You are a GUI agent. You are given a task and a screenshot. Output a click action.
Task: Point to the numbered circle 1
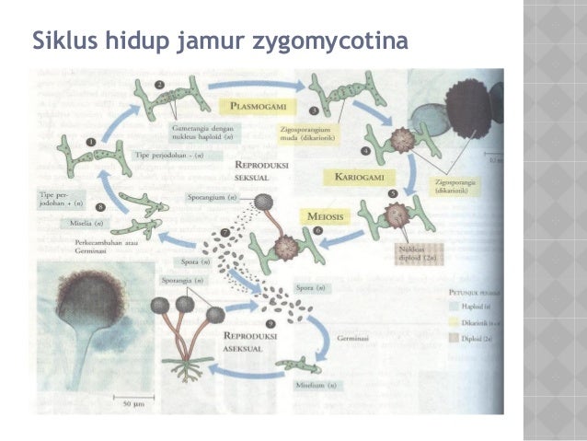(x=90, y=141)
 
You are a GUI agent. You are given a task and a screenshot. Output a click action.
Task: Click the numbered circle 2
(x=159, y=85)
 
